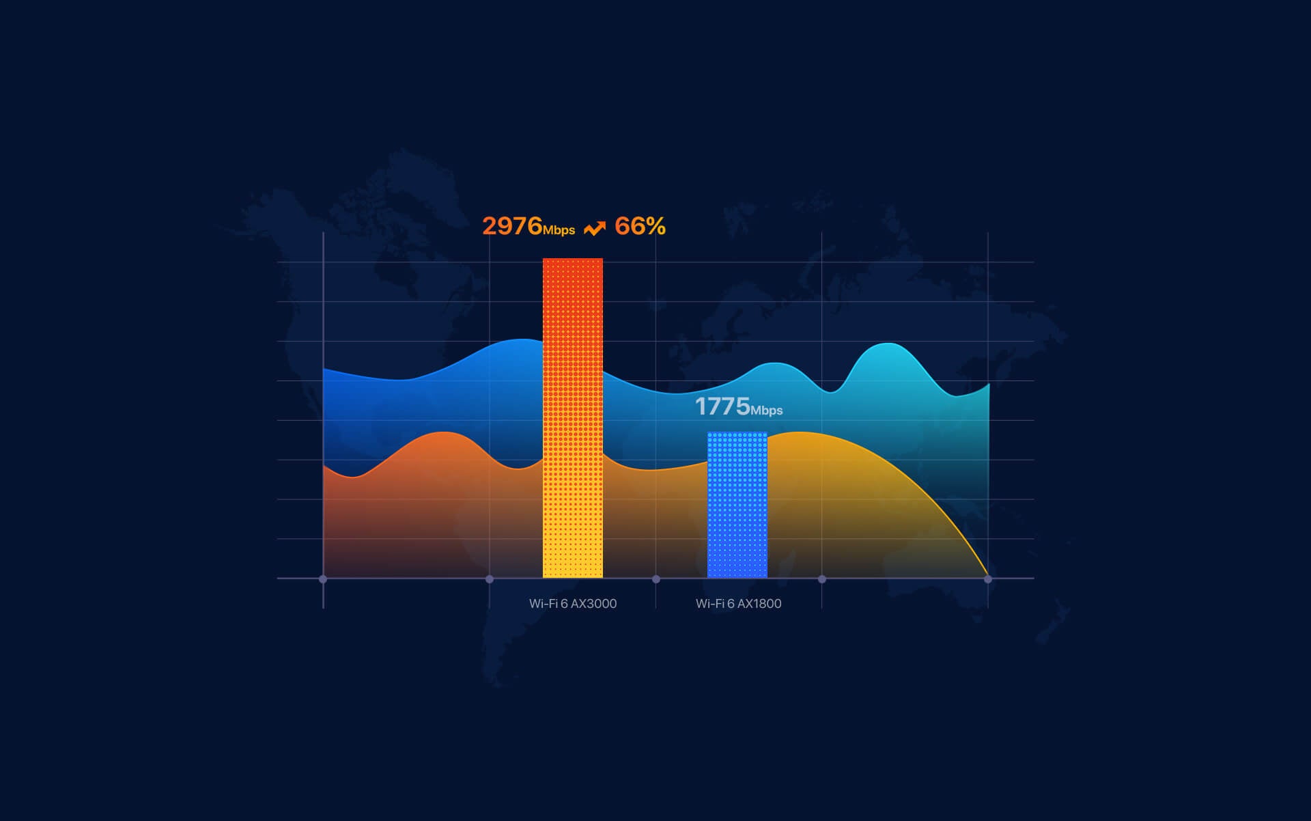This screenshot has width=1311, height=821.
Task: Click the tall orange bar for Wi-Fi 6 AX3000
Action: pos(573,418)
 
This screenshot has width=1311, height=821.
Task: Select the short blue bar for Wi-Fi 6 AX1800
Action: pos(737,505)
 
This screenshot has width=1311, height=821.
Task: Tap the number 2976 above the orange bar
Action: pos(512,226)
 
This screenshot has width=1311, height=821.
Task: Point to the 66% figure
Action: pos(640,226)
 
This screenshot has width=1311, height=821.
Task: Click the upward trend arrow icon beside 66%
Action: pos(595,228)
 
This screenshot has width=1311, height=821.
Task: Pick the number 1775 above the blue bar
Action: pos(722,406)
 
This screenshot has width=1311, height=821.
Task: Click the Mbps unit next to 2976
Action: pos(559,231)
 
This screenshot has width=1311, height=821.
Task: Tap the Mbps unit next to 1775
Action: pos(767,410)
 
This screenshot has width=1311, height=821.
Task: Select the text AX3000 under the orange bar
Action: pos(593,604)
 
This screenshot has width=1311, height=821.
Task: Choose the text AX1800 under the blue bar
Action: pos(759,604)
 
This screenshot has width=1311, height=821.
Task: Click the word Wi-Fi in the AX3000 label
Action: pos(544,604)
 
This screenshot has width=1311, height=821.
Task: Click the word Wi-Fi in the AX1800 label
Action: pos(710,604)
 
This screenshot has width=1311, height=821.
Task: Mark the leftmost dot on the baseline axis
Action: pos(323,579)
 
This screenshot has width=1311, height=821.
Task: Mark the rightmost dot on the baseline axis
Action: pos(988,579)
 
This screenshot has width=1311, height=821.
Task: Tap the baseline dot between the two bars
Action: pos(656,579)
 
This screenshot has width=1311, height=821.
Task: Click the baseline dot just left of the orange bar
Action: pos(490,579)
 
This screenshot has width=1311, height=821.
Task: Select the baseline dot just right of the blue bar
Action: pos(822,579)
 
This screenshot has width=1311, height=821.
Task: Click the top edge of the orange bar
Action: pos(573,259)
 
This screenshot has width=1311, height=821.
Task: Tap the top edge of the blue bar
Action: pos(737,433)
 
